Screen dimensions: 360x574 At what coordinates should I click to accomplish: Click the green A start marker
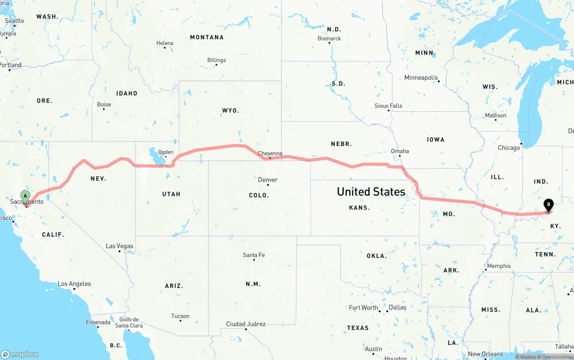coord(26,196)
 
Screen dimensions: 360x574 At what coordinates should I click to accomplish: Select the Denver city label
coord(268,180)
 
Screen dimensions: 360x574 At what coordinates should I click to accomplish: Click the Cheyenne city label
coord(270,153)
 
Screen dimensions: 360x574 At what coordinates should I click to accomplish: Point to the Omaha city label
coord(400,151)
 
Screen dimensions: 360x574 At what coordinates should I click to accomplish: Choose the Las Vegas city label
coord(119,246)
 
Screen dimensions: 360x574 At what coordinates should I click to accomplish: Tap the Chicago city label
coord(509,147)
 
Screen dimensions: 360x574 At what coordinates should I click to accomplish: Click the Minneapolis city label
coord(421,78)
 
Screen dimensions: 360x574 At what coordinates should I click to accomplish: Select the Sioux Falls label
coord(388,106)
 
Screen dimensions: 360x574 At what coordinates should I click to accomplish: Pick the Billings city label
coord(217,60)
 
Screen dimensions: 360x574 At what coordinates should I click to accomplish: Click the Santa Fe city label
coord(254,255)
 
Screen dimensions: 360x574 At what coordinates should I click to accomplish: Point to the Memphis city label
coord(499,266)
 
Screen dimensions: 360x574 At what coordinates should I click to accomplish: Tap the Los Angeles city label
coord(74,284)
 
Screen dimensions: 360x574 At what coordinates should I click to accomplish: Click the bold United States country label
coord(371,192)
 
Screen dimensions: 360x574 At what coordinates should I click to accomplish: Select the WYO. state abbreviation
coord(230,110)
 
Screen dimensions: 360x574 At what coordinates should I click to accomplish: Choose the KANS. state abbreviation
coord(359,208)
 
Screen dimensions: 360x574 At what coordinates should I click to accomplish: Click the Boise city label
coord(104,104)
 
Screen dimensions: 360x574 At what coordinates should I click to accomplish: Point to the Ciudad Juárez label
coord(246,324)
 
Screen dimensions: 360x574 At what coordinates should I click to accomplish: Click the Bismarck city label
coord(329,39)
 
